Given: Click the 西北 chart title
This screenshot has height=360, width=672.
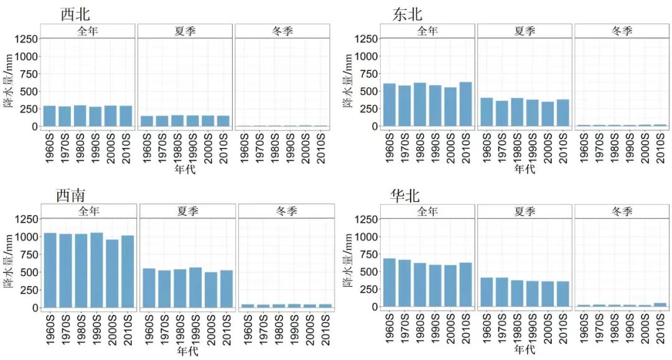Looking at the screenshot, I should (x=75, y=14).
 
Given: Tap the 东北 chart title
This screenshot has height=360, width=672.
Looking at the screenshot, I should (x=408, y=14).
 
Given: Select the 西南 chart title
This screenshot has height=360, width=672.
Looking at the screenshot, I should (x=71, y=195).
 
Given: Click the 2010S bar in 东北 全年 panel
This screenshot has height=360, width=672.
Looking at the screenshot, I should (x=465, y=104).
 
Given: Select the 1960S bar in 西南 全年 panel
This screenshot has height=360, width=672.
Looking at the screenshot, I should (x=50, y=270).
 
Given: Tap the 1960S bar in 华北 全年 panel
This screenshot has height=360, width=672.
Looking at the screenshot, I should (x=390, y=282).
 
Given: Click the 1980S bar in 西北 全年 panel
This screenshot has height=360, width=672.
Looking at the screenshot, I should (x=80, y=116).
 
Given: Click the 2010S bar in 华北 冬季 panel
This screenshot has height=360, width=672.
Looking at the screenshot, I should (x=660, y=305).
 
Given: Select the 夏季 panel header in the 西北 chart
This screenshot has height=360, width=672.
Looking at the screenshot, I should (x=185, y=31).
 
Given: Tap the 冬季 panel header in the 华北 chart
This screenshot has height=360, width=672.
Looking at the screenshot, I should (x=622, y=212).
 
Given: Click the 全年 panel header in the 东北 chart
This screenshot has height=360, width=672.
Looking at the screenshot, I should (x=427, y=31).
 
